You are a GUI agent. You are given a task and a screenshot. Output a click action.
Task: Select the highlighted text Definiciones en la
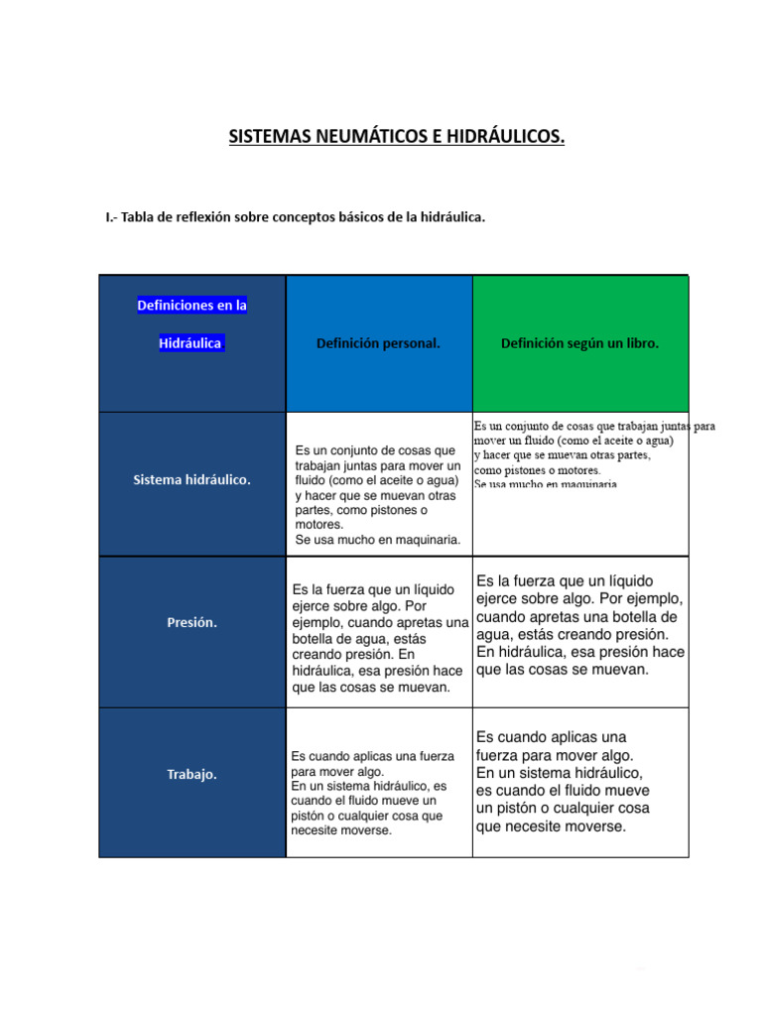pyautogui.click(x=191, y=306)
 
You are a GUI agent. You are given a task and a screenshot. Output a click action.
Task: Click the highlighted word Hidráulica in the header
pyautogui.click(x=191, y=343)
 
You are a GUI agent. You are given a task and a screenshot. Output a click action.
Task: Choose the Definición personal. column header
pyautogui.click(x=378, y=343)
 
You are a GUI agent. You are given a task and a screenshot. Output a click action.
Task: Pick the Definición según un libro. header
pyautogui.click(x=579, y=343)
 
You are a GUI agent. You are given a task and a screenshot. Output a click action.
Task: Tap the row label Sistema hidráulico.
pyautogui.click(x=191, y=479)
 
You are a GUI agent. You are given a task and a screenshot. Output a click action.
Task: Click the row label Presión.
pyautogui.click(x=191, y=623)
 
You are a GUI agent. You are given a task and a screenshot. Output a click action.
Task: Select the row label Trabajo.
pyautogui.click(x=191, y=774)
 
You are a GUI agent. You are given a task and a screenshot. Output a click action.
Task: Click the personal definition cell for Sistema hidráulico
pyautogui.click(x=378, y=494)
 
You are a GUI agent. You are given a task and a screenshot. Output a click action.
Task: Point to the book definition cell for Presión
pyautogui.click(x=579, y=625)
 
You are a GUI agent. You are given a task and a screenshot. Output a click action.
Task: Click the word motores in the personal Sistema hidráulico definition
pyautogui.click(x=318, y=524)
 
